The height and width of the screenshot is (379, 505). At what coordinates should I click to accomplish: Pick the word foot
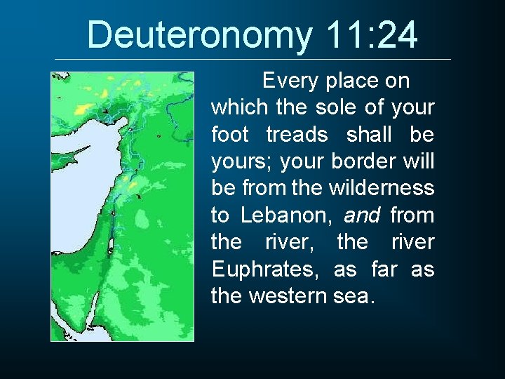[x=229, y=135]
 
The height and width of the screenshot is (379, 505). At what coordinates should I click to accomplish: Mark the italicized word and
[x=363, y=215]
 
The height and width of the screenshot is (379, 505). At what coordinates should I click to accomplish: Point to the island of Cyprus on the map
[x=79, y=150]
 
